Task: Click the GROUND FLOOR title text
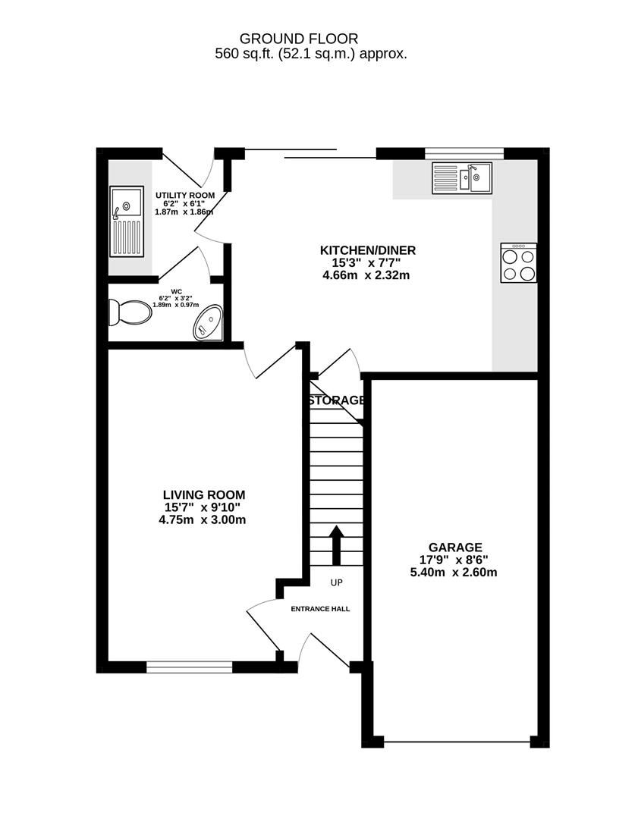click(x=298, y=38)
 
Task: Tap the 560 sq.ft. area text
click(x=311, y=54)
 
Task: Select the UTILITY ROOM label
click(x=185, y=195)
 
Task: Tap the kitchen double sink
click(x=461, y=178)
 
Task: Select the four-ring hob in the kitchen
click(x=518, y=263)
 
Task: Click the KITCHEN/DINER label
click(x=367, y=250)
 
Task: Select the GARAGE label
click(x=454, y=547)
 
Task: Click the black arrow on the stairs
click(x=337, y=543)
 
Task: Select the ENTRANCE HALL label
click(x=321, y=608)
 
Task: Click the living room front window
click(x=189, y=667)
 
